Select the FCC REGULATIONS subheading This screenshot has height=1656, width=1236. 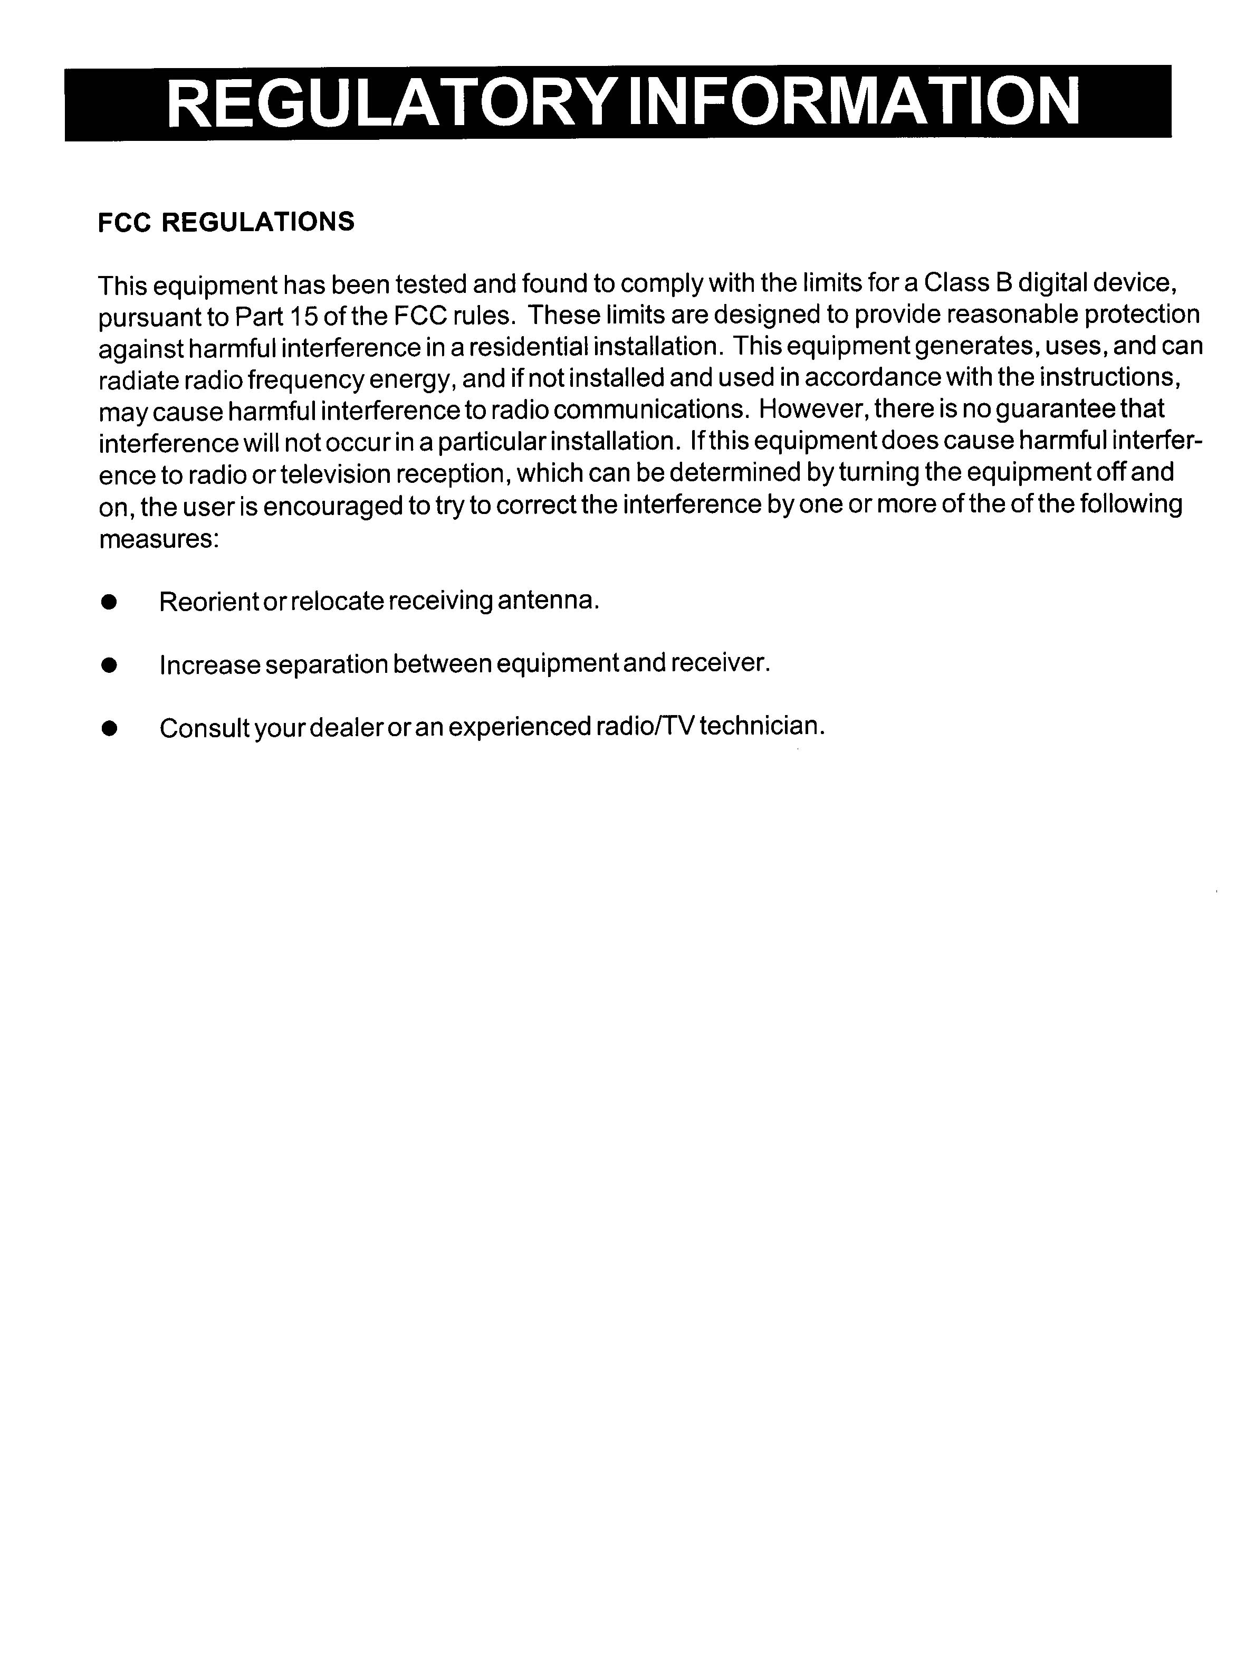226,222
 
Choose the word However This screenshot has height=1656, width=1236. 812,410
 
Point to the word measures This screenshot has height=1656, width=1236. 158,539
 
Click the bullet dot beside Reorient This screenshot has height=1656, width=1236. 109,602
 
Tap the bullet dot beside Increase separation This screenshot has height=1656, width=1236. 109,665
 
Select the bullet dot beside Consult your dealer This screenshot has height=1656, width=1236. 109,729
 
